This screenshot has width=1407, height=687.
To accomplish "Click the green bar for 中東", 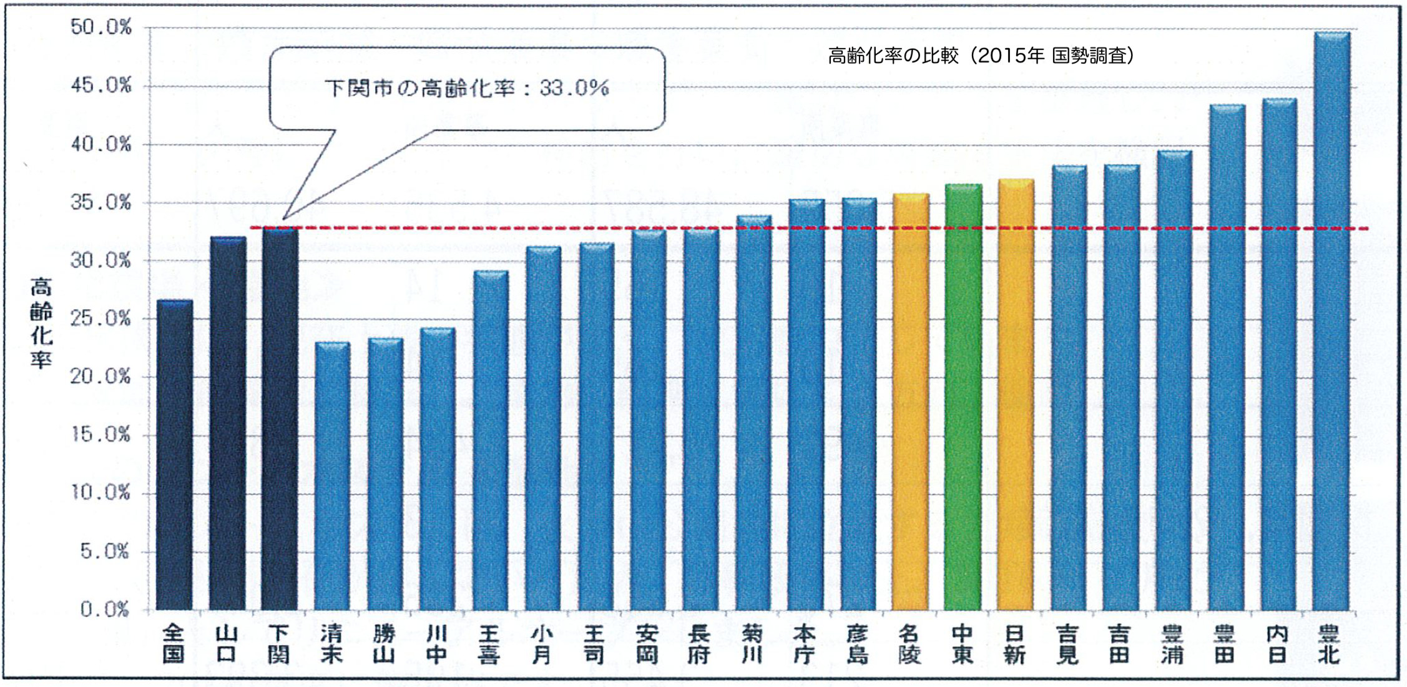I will point(963,400).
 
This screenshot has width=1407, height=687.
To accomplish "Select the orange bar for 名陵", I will point(910,403).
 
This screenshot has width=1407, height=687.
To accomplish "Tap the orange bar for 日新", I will point(1016,397).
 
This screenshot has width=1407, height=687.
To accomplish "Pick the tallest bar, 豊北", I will point(1331,322).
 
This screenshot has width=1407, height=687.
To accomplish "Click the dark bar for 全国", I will point(174,456).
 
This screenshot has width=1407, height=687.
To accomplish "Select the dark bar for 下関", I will point(280,418).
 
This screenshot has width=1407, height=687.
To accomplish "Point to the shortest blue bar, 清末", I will point(332,478).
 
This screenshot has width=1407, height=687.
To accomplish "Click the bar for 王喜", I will point(491,440).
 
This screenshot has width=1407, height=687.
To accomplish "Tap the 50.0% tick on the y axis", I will point(101,27).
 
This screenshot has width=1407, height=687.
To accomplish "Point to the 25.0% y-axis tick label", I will point(101,319).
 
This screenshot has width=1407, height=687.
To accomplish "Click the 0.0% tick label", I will point(105,609).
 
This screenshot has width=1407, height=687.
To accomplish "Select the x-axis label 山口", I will point(227,645).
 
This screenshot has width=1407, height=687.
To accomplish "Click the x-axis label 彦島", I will point(858,645).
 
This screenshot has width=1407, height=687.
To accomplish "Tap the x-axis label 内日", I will point(1278,645).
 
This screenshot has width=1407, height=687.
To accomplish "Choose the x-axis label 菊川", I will point(752,645).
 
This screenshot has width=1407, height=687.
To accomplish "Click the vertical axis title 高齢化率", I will point(41,323).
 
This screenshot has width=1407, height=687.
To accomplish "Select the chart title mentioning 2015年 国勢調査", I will point(980,56).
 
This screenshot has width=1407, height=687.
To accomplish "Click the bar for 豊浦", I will point(1174,381).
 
